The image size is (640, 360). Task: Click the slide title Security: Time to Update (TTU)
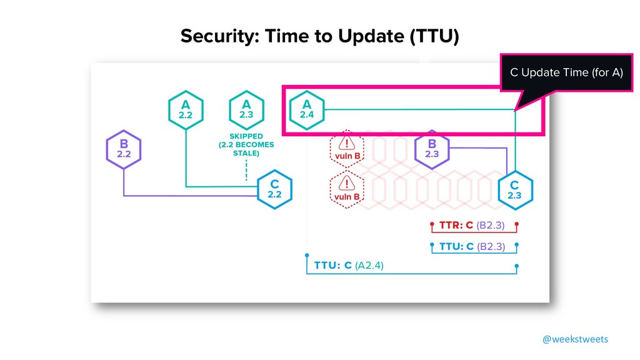[319, 37]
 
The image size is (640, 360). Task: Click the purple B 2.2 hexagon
[124, 150]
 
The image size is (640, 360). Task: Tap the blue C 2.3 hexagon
[514, 189]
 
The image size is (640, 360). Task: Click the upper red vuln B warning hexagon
[347, 149]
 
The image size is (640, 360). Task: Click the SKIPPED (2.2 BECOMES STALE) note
[246, 144]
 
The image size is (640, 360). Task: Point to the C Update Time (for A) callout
[566, 72]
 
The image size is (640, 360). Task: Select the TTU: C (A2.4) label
[349, 265]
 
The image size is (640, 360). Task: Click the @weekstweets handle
[574, 339]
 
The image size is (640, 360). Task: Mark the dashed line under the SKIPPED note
[246, 169]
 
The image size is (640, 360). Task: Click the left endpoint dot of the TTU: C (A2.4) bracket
[307, 255]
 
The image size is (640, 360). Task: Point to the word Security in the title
[211, 37]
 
